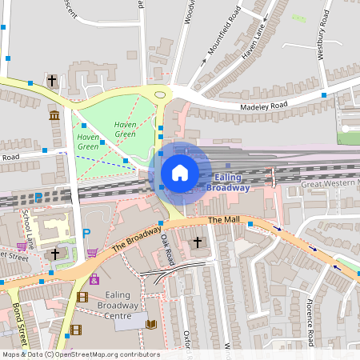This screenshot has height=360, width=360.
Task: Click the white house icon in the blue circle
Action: tap(180, 172)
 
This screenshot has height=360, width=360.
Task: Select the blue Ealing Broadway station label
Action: tap(228, 182)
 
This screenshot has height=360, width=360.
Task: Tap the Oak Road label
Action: tap(166, 249)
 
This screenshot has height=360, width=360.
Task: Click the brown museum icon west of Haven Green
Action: tap(54, 117)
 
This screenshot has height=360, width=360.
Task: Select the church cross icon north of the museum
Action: tap(52, 81)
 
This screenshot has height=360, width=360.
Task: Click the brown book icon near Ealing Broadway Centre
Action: tap(151, 324)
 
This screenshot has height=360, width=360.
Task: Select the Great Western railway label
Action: tap(330, 184)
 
